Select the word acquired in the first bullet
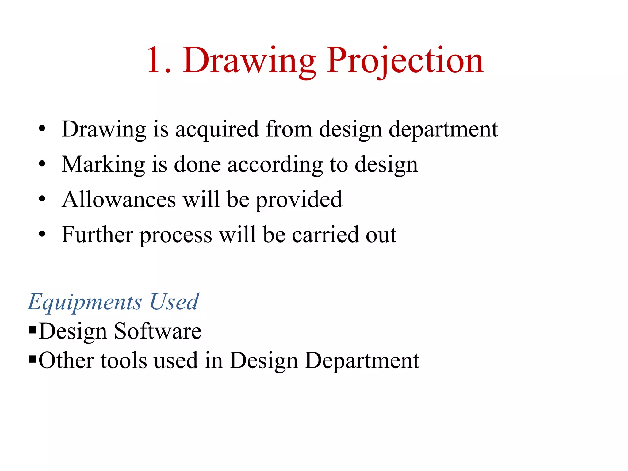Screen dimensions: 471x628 pos(217,130)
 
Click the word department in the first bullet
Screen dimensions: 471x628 pos(443,130)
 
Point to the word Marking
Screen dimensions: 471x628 pos(103,165)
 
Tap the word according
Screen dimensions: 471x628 pos(275,165)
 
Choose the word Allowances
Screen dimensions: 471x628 pos(119,200)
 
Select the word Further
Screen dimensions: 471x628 pos(97,235)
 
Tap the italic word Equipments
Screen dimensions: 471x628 pos(85,303)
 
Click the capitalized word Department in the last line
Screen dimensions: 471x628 pos(362,361)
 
